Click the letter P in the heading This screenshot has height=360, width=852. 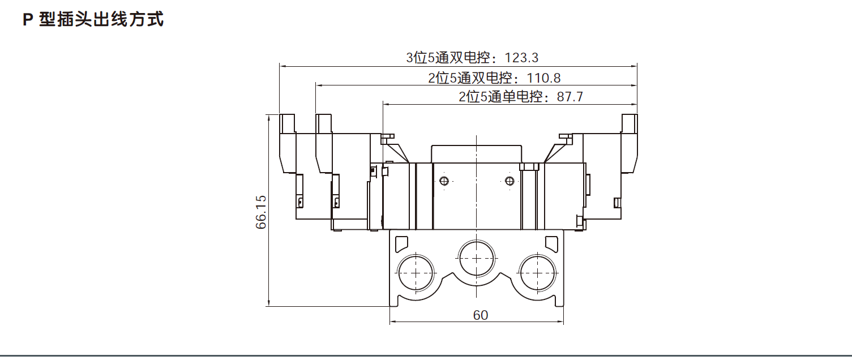tap(27, 20)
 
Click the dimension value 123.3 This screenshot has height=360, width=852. tap(521, 58)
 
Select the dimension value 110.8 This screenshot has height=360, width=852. tap(543, 78)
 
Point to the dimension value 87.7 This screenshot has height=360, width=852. tap(570, 97)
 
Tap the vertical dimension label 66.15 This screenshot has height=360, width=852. tap(261, 213)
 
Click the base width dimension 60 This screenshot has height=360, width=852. tap(480, 315)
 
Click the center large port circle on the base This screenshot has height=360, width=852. tap(477, 257)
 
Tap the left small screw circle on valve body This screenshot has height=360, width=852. tap(444, 181)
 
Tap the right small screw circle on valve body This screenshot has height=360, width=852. tap(510, 181)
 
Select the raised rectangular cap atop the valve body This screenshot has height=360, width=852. tap(476, 153)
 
